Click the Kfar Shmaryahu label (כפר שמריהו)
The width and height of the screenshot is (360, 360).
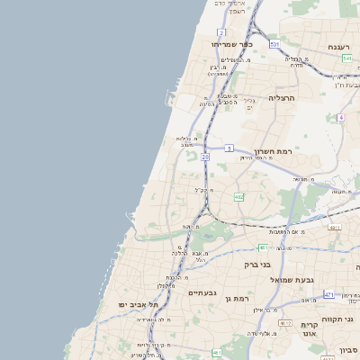232,44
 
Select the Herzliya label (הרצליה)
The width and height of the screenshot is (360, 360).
282,98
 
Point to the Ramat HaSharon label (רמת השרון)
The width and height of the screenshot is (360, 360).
273,151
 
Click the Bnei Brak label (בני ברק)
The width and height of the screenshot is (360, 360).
257,265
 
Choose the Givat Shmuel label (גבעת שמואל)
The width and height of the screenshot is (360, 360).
293,280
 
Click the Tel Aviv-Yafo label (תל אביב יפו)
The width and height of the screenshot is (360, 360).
138,304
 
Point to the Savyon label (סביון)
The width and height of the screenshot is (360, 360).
349,349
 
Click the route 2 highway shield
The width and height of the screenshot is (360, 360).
220,31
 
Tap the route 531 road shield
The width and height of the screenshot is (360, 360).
274,43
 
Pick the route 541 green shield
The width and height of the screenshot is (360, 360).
347,58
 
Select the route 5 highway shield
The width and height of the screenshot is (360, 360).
229,148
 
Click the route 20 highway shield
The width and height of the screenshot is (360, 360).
205,157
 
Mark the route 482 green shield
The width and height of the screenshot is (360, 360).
238,196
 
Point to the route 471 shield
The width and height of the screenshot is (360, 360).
329,294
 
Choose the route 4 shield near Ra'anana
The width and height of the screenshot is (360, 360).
341,118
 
